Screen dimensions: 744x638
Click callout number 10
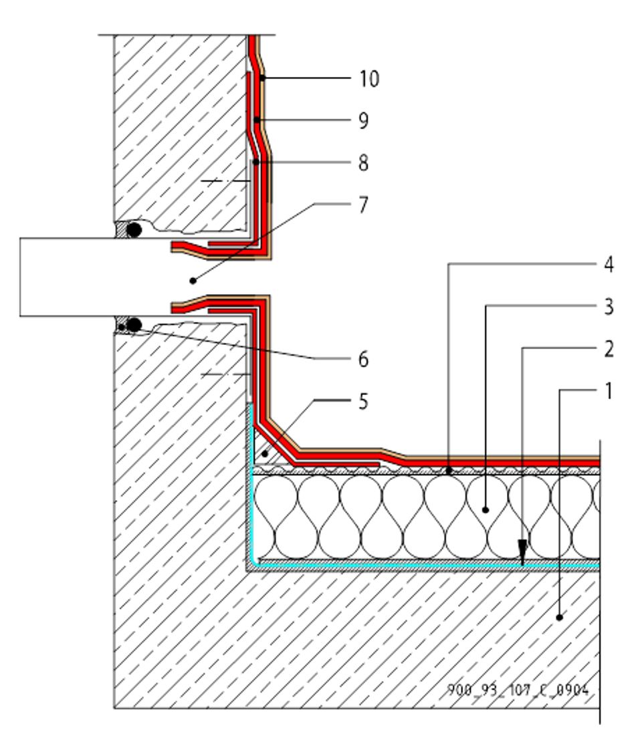[x=368, y=79]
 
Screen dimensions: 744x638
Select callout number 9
[x=363, y=121]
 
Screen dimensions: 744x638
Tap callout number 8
[x=363, y=163]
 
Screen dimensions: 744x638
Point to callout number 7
[x=363, y=205]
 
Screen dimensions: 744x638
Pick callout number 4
[x=607, y=265]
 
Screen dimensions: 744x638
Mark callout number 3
[x=607, y=307]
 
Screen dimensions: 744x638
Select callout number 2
[x=607, y=348]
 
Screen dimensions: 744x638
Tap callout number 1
[x=607, y=390]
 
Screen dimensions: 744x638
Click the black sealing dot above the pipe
[x=134, y=231]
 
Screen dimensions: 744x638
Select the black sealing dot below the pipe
[x=134, y=325]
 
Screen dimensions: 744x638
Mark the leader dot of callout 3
[x=486, y=510]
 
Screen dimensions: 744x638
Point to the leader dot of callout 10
[x=263, y=79]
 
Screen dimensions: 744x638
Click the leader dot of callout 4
[x=449, y=471]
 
